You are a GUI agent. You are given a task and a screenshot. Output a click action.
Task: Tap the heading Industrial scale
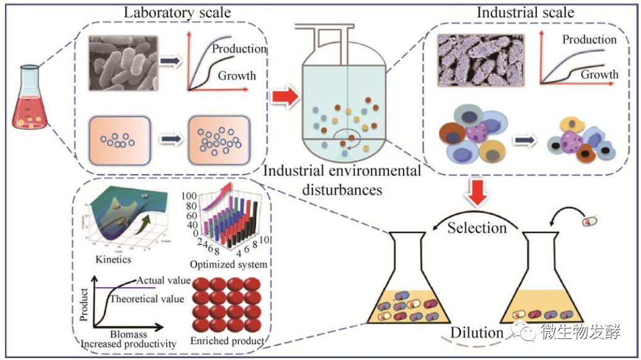(526, 12)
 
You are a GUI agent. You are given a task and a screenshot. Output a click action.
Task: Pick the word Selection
(477, 227)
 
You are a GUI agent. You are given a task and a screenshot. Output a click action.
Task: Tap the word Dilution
(477, 333)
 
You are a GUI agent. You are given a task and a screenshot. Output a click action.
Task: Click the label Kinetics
(114, 260)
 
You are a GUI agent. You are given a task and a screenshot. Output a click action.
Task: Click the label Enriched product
(228, 340)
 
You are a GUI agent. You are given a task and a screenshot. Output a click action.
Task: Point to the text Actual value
(163, 280)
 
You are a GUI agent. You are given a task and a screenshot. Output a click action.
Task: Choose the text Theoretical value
(146, 299)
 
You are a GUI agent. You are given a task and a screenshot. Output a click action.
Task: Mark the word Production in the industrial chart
(589, 39)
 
